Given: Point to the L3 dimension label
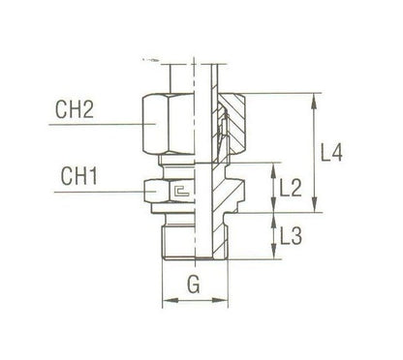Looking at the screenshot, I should (x=288, y=234).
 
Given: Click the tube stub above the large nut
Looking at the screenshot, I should (x=194, y=75).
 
